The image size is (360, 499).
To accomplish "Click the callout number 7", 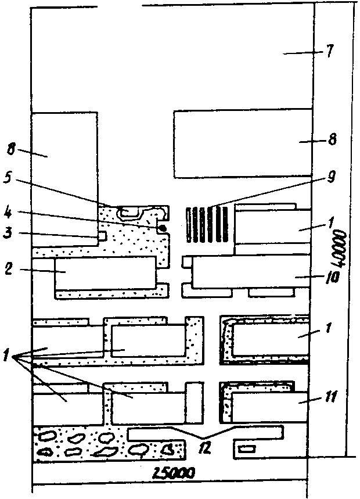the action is tap(329, 52).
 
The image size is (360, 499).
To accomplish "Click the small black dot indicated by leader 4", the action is tap(163, 228).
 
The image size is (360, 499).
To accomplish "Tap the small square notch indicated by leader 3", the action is tap(102, 236).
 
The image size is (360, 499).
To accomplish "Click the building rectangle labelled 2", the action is tap(105, 273).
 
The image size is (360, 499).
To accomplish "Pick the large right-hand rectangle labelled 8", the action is tap(242, 145).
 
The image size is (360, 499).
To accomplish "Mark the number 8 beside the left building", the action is tap(11, 149).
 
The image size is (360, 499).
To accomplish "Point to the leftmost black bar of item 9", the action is tap(188, 225).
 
